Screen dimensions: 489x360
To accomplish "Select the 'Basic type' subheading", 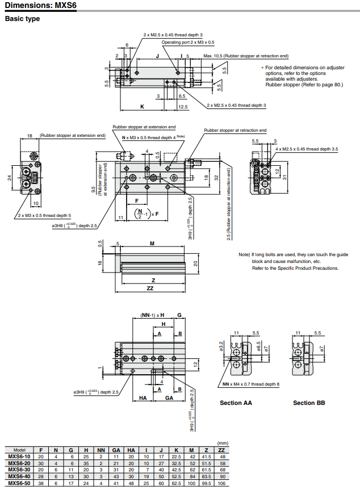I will pos(22,19).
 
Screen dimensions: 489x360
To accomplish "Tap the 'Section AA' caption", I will pos(236,403).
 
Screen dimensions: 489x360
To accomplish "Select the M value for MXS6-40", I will pos(192,477).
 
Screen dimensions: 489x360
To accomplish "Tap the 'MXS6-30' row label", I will pos(19,470).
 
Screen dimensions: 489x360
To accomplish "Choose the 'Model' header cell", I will pos(19,450).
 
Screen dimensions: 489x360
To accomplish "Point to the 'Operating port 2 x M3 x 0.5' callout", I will pos(188,42).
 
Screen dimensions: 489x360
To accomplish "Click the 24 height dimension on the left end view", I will pos(10,177).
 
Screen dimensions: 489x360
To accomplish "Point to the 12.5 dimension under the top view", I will pos(182,107).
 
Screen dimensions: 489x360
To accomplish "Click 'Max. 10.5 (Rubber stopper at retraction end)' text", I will pos(246,56).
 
